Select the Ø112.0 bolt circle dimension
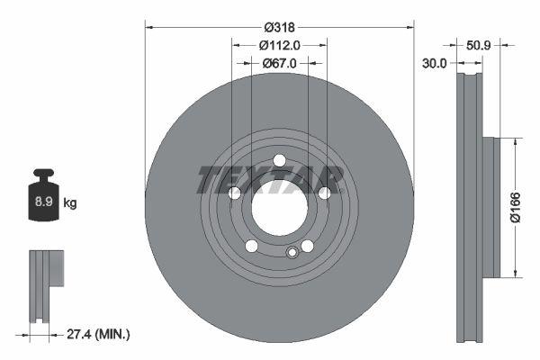point(279,45)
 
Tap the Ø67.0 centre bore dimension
point(279,63)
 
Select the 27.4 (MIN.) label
point(99,334)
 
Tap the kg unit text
point(69,203)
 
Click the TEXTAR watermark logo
point(270,179)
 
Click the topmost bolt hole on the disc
point(279,161)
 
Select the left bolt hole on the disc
point(234,193)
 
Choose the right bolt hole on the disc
point(324,193)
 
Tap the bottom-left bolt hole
point(251,247)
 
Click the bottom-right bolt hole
point(307,247)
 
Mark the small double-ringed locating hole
point(291,253)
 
